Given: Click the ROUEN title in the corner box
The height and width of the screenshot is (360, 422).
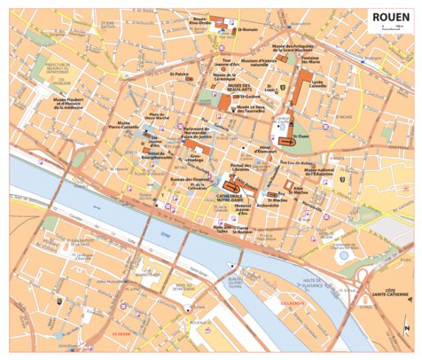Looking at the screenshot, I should (389, 15).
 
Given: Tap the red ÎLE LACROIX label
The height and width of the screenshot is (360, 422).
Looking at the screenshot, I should (291, 301).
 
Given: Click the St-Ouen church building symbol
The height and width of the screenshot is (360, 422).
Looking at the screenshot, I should (285, 140).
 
